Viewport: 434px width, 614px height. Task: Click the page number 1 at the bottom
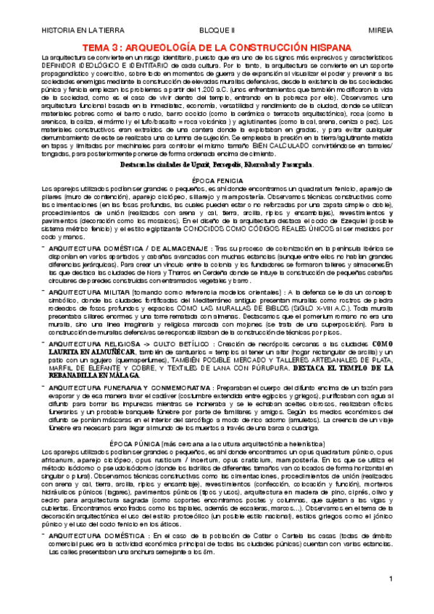(391, 599)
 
